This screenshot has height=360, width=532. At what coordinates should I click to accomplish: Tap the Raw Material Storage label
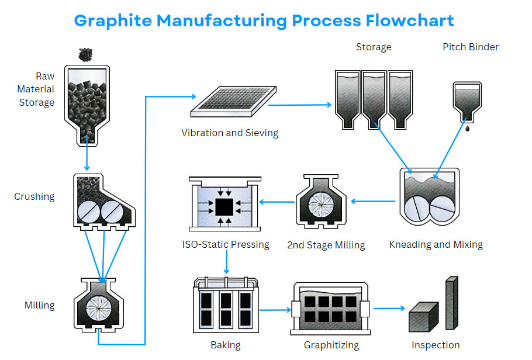click(x=36, y=89)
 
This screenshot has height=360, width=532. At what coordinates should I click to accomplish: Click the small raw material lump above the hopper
click(x=87, y=54)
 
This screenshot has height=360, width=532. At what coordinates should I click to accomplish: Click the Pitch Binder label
click(x=471, y=47)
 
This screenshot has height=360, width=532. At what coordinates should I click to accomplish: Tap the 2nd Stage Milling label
click(x=326, y=245)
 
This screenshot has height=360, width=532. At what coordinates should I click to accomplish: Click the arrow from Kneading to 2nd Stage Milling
click(x=374, y=202)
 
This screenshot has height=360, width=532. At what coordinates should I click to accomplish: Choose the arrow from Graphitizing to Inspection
click(x=389, y=308)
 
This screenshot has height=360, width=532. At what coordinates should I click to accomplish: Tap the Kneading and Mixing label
click(x=436, y=244)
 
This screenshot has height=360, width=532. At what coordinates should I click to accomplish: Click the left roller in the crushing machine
click(x=92, y=210)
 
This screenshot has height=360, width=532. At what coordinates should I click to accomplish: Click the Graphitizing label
click(x=331, y=345)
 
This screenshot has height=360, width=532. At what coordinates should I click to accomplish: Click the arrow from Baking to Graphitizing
click(x=275, y=309)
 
